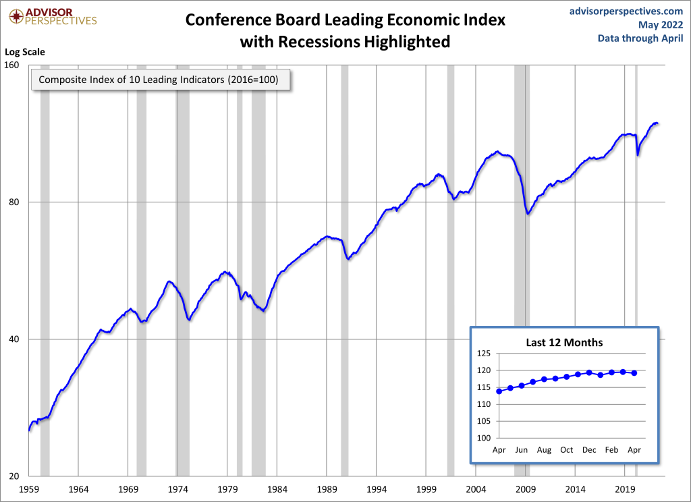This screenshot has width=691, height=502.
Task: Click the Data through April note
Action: pyautogui.click(x=640, y=38)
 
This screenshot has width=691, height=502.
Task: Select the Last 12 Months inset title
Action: pyautogui.click(x=564, y=342)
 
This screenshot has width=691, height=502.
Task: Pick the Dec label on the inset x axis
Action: pyautogui.click(x=589, y=449)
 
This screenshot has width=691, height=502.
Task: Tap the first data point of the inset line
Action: pyautogui.click(x=499, y=391)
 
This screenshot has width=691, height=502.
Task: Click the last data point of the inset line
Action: pyautogui.click(x=634, y=373)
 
